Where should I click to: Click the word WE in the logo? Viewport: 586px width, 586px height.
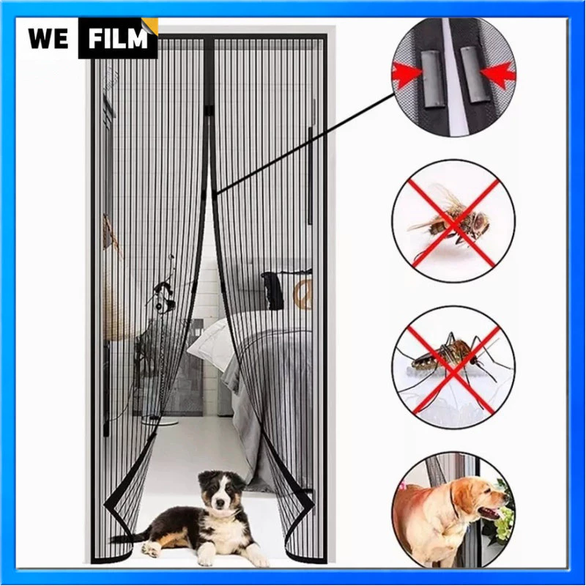point(48,38)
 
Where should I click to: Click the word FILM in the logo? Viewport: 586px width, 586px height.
point(118,38)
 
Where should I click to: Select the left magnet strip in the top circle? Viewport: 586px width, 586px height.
point(434,78)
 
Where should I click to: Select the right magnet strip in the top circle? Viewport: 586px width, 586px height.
point(475,74)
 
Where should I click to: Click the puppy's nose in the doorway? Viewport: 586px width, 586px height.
point(220,504)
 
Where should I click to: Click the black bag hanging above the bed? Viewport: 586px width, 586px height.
point(272,291)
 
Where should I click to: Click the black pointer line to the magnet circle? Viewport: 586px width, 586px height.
point(305,144)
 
